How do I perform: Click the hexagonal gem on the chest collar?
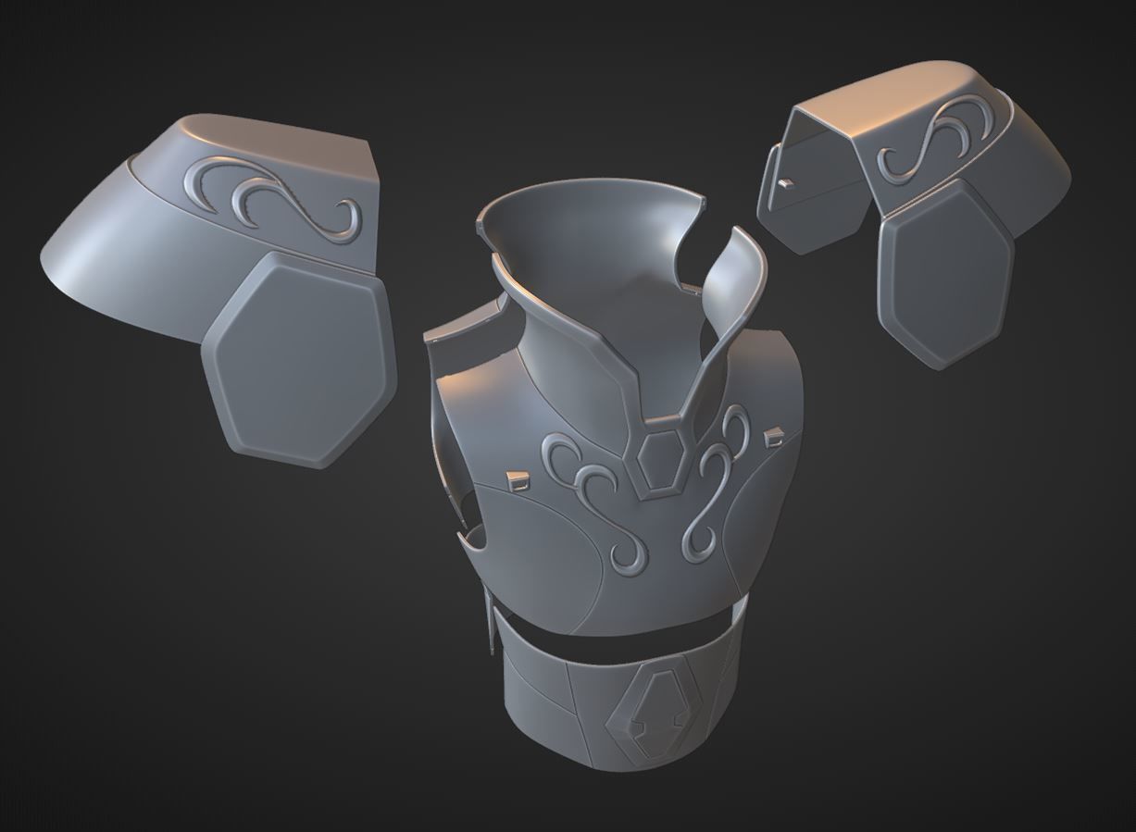click(663, 458)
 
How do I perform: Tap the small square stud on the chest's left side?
click(517, 479)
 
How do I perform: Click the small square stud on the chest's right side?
click(770, 435)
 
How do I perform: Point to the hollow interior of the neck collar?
click(593, 241)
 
